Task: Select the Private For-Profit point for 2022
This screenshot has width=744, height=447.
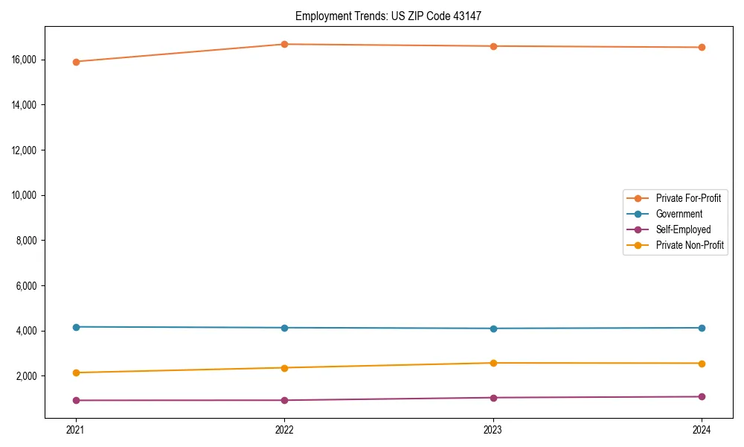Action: click(x=284, y=44)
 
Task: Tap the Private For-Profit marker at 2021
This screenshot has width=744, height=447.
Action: click(x=76, y=62)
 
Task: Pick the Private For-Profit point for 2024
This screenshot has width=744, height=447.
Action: click(x=702, y=48)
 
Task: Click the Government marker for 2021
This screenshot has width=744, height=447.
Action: click(x=76, y=327)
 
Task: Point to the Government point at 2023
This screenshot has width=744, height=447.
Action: click(x=493, y=329)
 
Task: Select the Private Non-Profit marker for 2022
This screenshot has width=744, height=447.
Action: click(x=284, y=368)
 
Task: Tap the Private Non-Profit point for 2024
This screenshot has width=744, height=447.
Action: click(x=702, y=364)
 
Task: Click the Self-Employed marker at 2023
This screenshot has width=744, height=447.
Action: click(x=493, y=398)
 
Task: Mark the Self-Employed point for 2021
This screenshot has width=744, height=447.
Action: click(x=76, y=401)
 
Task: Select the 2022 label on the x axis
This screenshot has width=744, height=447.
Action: click(x=284, y=429)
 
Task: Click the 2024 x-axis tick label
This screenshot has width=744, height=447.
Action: click(x=702, y=429)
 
